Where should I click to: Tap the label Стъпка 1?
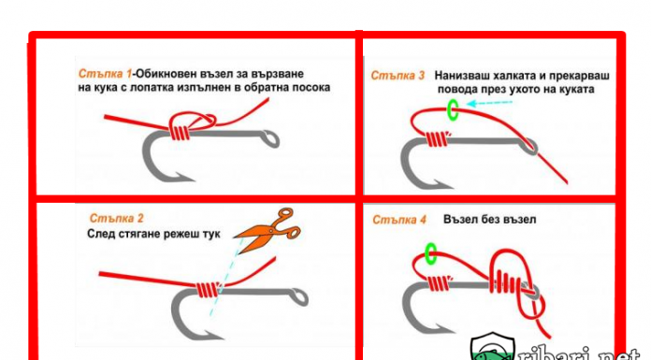coord(105,74)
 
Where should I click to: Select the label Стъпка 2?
coord(116,218)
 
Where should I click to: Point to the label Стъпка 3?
coord(398,76)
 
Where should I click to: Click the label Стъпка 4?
coord(399,220)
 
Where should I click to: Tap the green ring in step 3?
coord(453,110)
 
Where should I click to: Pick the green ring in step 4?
coord(431,253)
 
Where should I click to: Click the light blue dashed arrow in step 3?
coord(489,103)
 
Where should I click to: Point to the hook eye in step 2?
coord(299,296)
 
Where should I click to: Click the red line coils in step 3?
coord(439,139)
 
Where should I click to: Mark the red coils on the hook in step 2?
coord(208,290)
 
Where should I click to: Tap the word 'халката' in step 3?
coord(518,76)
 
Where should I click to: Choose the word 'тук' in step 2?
coord(211,234)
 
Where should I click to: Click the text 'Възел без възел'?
coord(489,219)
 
